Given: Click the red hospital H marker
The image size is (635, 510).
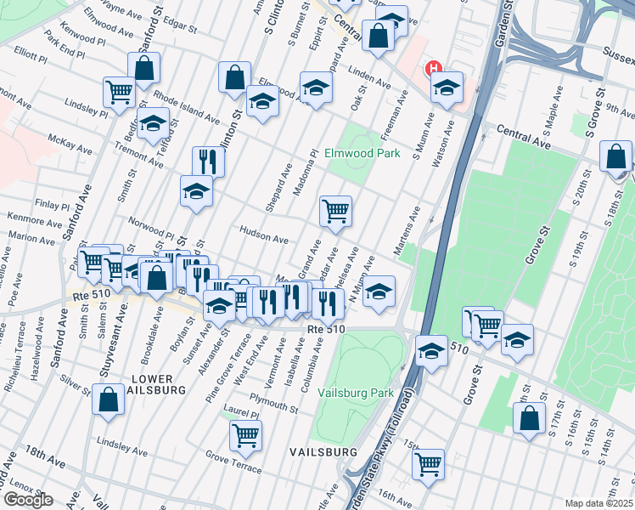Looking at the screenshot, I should tap(435, 69).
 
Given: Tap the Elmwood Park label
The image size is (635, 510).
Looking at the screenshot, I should tap(362, 154).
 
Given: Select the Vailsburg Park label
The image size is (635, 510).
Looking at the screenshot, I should tap(356, 394).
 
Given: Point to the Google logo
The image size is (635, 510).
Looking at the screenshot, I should tap(28, 500).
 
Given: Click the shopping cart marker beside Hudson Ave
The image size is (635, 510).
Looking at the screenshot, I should tap(335, 210).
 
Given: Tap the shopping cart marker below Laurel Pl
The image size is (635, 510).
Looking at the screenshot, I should tap(245, 435).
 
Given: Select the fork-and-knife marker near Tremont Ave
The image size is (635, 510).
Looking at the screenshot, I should tap(207, 160).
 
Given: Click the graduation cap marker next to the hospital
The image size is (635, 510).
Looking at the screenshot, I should tap(447, 87).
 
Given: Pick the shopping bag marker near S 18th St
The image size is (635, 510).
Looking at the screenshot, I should tap(615, 156).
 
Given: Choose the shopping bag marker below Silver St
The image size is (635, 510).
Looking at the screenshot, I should tap(109, 400).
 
